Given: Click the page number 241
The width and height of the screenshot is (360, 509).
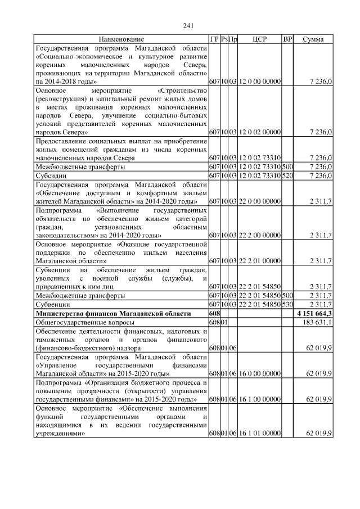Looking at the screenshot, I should click(188, 25).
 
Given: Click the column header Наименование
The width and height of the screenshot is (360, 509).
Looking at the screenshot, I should click(121, 40).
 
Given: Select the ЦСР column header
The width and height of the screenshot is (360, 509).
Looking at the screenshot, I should click(259, 40).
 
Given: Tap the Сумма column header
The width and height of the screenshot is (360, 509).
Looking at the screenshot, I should click(313, 40).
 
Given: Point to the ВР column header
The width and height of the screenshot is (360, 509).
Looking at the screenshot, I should click(287, 40).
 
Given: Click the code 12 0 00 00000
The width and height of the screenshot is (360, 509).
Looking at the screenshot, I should click(259, 82).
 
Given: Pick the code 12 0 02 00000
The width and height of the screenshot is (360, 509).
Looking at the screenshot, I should click(259, 132).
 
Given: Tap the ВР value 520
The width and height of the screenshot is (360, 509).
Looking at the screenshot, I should click(287, 175).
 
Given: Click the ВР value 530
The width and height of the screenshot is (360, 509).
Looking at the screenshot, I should click(287, 304).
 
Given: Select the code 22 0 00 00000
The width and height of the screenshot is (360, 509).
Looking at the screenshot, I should click(259, 201).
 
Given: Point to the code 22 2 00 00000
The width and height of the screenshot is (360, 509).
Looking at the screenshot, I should click(259, 236).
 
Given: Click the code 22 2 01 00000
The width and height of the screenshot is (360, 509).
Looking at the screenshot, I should click(259, 261).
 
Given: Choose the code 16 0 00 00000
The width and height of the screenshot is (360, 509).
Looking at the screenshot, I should click(259, 373).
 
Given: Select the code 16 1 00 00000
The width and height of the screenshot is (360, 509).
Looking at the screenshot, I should click(259, 399).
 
